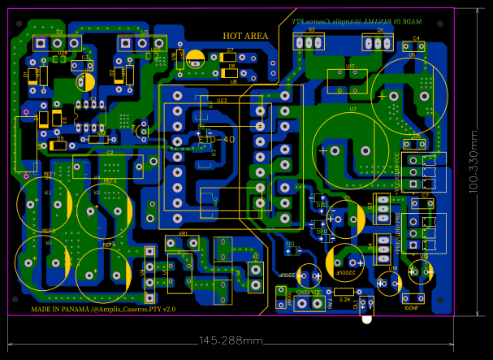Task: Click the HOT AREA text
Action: tap(245, 36)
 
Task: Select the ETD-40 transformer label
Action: tap(217, 140)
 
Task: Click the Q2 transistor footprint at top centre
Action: tap(310, 41)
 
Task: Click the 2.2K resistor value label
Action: tap(344, 300)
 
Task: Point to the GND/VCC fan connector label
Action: tap(308, 292)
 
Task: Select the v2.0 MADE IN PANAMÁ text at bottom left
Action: tap(103, 310)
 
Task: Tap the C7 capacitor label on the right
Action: tap(425, 196)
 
